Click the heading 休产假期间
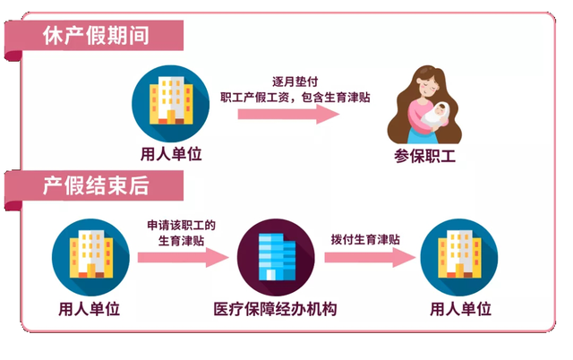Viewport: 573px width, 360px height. point(96,36)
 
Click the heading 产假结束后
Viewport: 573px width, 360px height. point(96,185)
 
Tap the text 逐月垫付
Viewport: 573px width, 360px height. point(295,81)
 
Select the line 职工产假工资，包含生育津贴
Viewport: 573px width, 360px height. point(295,98)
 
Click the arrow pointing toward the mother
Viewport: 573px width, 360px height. point(288,114)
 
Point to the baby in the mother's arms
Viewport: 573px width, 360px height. point(436,114)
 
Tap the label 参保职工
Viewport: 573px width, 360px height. point(424,157)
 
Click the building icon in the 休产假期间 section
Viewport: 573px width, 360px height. point(171,103)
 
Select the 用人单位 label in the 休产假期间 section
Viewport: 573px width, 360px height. point(171,154)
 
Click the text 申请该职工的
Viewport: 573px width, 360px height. point(181,225)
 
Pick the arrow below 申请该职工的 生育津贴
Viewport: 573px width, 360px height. point(183,257)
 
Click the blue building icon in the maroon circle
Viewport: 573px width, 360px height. point(276,257)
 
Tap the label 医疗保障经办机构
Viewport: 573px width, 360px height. point(275,309)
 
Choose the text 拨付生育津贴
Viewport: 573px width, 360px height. point(365,240)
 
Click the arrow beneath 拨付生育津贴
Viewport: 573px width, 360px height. point(370,257)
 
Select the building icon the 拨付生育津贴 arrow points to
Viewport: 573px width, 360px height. point(459,257)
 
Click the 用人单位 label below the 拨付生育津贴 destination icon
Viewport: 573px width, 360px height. point(460,309)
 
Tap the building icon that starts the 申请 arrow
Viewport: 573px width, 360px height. point(90,257)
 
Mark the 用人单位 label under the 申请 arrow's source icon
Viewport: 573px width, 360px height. point(90,309)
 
